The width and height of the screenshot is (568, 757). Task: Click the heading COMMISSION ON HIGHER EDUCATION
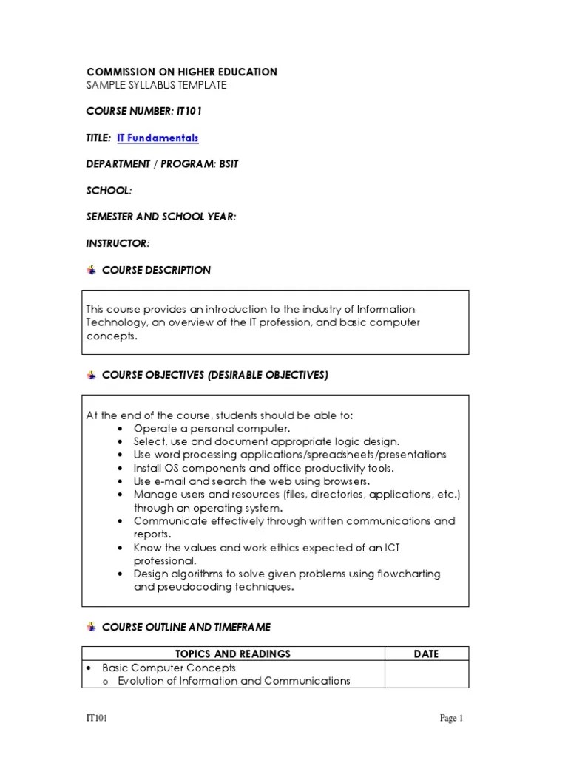[x=182, y=72]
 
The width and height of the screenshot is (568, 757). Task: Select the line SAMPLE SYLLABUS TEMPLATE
[x=156, y=85]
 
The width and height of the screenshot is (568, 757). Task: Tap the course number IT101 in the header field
[x=189, y=112]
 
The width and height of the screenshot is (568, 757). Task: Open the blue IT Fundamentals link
[x=158, y=138]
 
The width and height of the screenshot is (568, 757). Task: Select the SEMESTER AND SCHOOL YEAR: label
[x=161, y=217]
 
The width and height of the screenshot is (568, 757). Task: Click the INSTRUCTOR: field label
[x=118, y=243]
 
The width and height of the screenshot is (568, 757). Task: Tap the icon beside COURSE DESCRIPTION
[x=92, y=270]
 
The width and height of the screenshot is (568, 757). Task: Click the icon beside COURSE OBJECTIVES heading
[x=92, y=376]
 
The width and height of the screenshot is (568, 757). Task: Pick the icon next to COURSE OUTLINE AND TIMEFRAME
[x=92, y=627]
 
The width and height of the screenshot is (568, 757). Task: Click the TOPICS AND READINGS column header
[x=232, y=654]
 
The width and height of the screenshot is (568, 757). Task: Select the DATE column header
[x=427, y=654]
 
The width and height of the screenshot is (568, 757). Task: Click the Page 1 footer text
[x=452, y=718]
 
